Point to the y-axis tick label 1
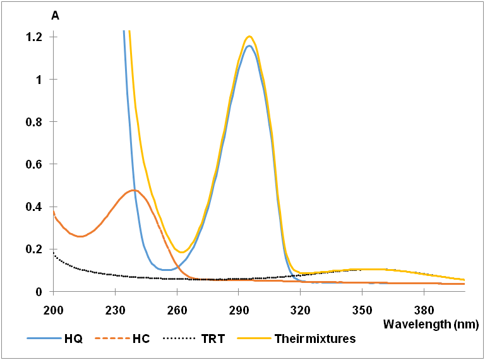click(x=39, y=80)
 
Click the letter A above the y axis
click(x=55, y=16)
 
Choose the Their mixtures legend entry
click(x=315, y=339)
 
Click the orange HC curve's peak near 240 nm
click(x=133, y=189)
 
